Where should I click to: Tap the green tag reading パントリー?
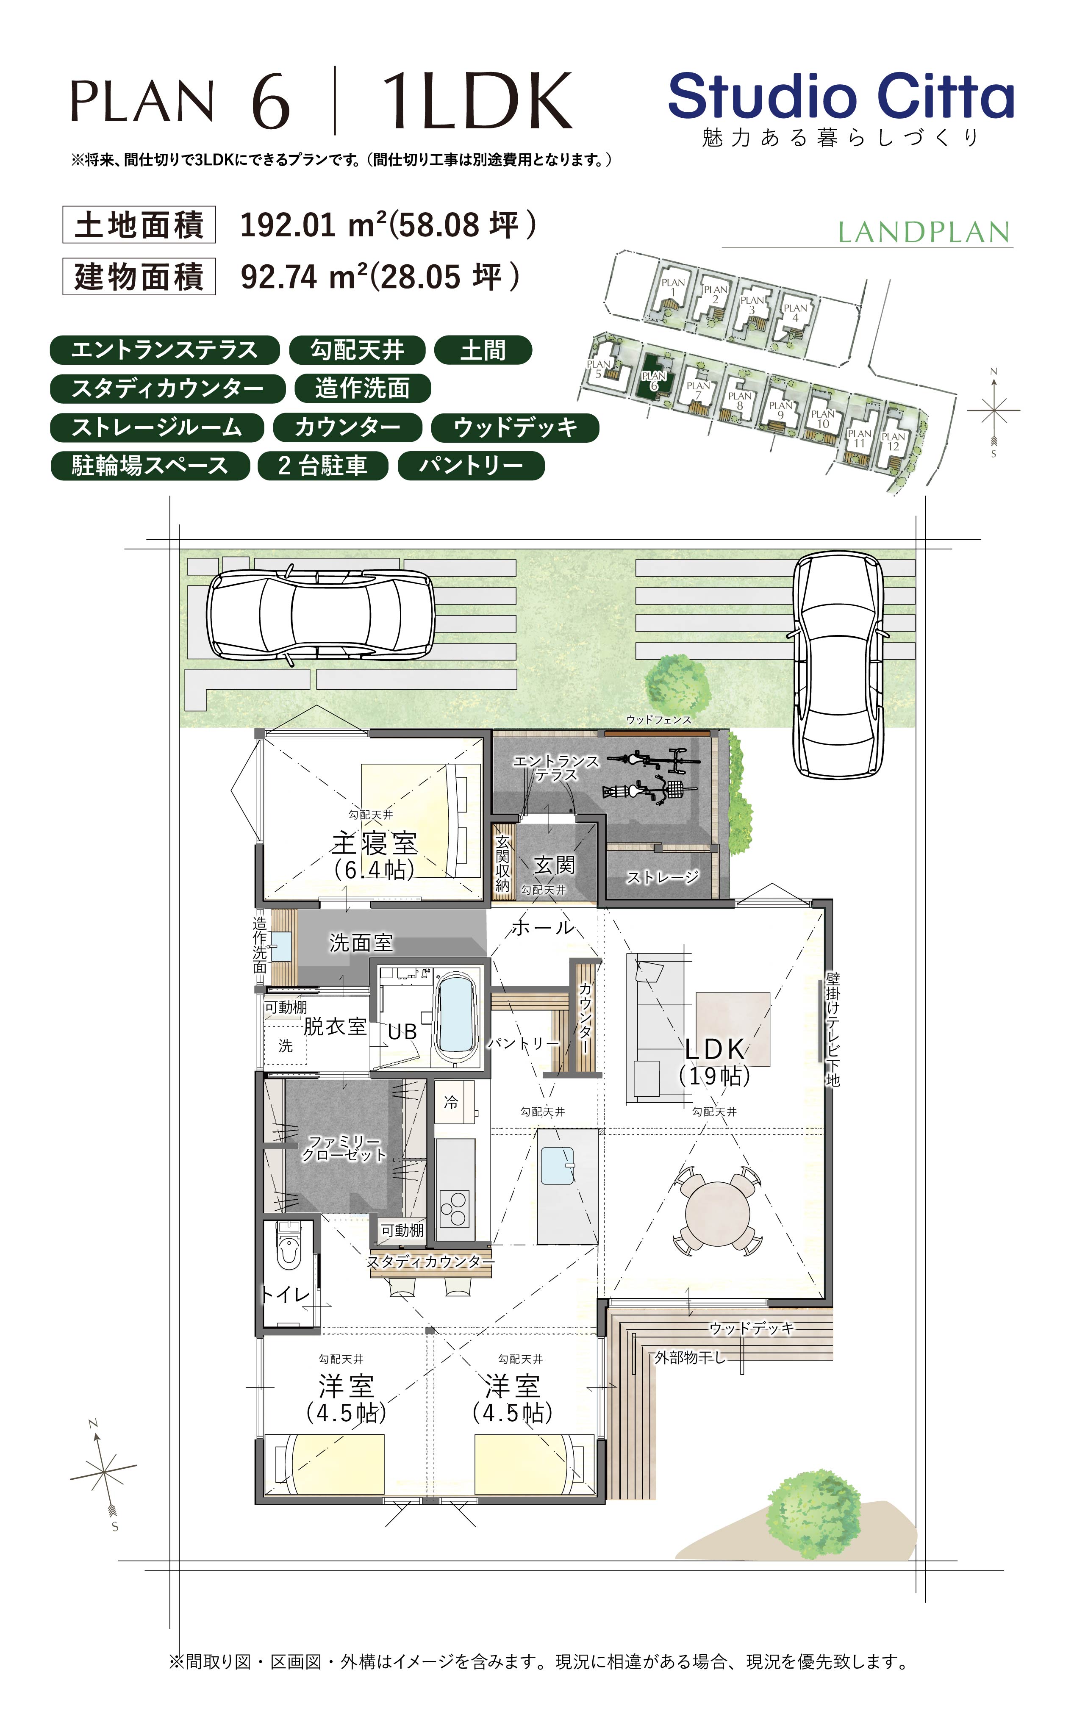click(x=471, y=466)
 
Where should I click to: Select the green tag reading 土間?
click(x=482, y=350)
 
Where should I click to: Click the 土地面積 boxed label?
click(x=139, y=225)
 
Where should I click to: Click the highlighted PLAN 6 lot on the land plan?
click(x=654, y=380)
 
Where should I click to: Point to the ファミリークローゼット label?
click(x=344, y=1148)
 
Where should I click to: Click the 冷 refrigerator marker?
click(x=451, y=1103)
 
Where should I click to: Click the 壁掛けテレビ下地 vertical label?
click(x=833, y=1029)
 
